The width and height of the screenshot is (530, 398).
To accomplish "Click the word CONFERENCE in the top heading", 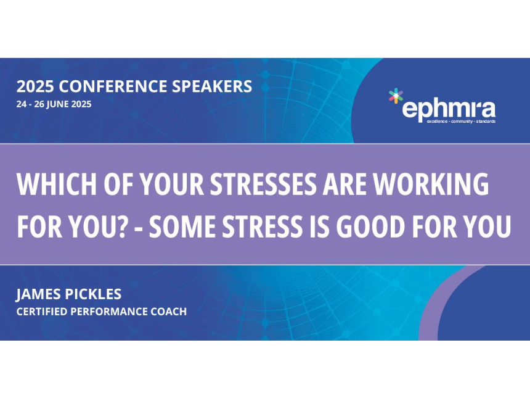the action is tap(113, 86).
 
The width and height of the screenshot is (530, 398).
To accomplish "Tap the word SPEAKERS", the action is tap(212, 86).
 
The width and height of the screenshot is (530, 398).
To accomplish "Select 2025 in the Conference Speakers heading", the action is tap(35, 86).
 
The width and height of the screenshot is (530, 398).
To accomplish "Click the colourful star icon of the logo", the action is tap(396, 96).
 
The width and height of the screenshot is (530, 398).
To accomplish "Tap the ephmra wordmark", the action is tap(449, 109).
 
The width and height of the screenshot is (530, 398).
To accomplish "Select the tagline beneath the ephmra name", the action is tap(461, 122).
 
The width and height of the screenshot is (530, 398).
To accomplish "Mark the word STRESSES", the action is tap(264, 184).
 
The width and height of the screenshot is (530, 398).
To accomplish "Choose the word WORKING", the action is tap(431, 184).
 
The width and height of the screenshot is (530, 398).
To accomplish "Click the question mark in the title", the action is tap(122, 226).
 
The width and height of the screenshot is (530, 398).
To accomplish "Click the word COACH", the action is tap(169, 312).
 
